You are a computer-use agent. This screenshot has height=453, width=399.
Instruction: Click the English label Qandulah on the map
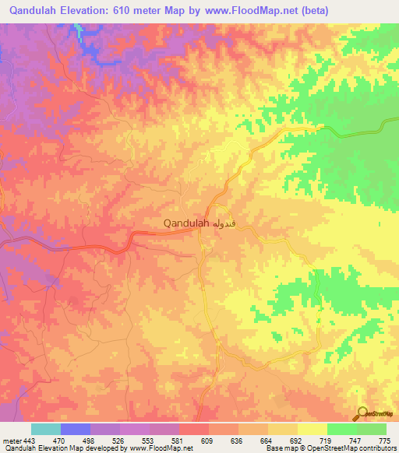(x=185, y=223)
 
